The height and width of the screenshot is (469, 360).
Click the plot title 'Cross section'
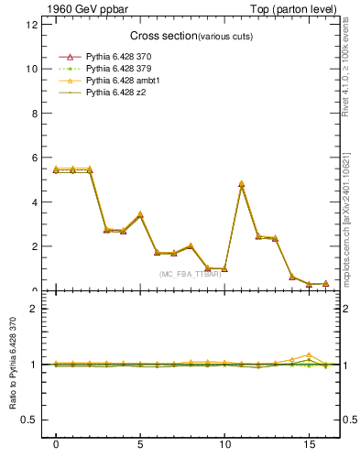[x=158, y=37]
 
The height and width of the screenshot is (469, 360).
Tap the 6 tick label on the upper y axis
[x=34, y=158]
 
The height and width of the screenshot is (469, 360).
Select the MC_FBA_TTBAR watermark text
[x=189, y=274]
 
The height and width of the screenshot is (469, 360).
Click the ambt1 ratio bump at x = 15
[x=309, y=354]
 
